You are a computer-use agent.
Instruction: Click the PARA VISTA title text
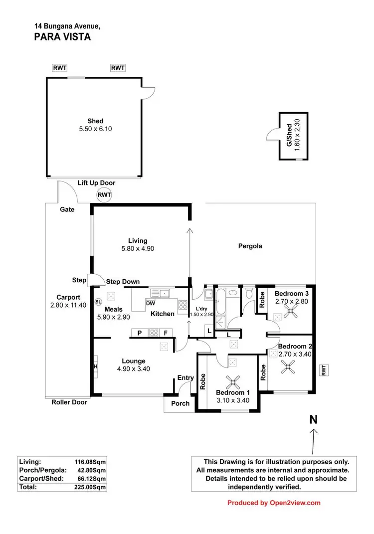[x=63, y=36]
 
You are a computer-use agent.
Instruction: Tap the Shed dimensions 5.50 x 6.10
[x=95, y=129]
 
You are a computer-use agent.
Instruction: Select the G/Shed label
[x=288, y=136]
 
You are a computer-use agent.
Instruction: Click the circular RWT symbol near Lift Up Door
[x=104, y=195]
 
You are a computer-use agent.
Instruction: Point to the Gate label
[x=67, y=209]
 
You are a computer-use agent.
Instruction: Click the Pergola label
[x=250, y=246]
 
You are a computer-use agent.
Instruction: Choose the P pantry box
[x=140, y=333]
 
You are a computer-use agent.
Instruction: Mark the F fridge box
[x=164, y=333]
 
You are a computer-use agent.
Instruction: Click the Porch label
[x=180, y=403]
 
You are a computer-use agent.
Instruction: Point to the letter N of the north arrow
[x=313, y=419]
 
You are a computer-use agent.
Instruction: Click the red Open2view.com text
[x=295, y=503]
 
